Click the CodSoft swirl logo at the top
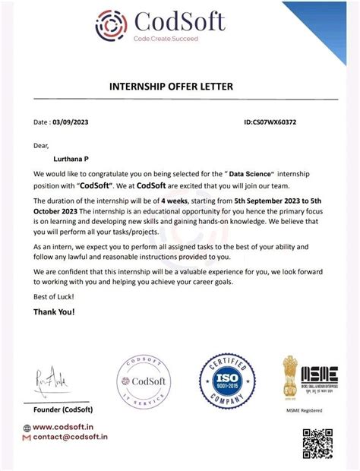pos(112,24)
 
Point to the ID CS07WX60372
pos(270,122)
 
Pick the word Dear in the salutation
pos(41,146)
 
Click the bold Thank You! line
pos(54,313)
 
